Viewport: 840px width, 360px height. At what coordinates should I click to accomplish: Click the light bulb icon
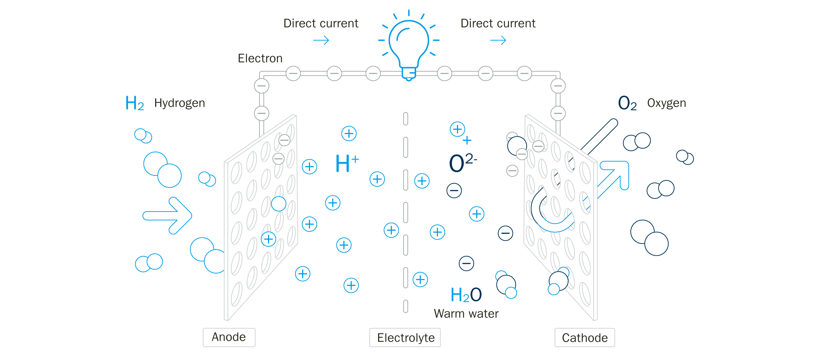(x=409, y=46)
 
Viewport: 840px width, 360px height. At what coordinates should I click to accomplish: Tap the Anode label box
(x=229, y=337)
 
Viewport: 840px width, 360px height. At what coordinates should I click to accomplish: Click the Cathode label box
(x=584, y=338)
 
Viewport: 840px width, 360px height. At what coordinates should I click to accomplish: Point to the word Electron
(x=260, y=59)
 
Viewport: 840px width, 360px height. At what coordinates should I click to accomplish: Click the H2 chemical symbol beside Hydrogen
(x=134, y=103)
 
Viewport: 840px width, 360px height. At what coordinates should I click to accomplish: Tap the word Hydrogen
(x=179, y=103)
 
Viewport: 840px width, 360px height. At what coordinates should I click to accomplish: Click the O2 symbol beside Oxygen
(x=627, y=103)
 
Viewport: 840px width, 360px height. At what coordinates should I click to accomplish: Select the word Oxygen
(x=666, y=103)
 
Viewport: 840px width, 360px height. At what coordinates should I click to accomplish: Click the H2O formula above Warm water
(x=466, y=294)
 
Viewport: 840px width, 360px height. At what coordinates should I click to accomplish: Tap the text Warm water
(x=466, y=313)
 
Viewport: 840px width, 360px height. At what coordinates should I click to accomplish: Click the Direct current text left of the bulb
(x=321, y=24)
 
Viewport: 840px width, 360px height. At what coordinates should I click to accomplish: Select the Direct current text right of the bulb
(x=498, y=24)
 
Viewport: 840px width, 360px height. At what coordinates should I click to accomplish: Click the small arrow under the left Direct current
(x=321, y=40)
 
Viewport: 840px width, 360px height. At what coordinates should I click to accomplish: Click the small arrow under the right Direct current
(x=498, y=40)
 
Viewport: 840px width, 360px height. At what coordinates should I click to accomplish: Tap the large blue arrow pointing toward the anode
(x=167, y=216)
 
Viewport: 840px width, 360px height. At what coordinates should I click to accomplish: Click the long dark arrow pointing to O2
(x=599, y=137)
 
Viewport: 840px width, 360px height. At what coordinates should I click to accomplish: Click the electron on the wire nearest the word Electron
(x=293, y=73)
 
